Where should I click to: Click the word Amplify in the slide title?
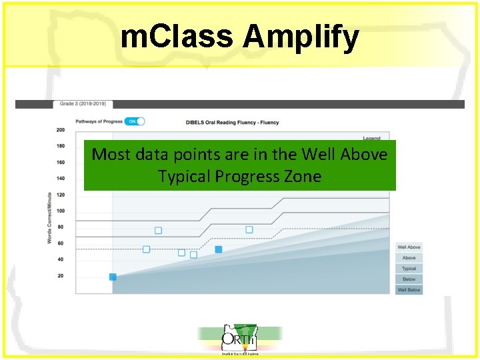pyautogui.click(x=301, y=37)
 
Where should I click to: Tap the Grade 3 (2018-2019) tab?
pyautogui.click(x=83, y=104)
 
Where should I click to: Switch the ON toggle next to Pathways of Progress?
pyautogui.click(x=135, y=121)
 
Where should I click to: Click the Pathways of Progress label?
pyautogui.click(x=99, y=121)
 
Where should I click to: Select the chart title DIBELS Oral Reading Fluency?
pyautogui.click(x=232, y=123)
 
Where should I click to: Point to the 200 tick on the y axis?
pyautogui.click(x=61, y=130)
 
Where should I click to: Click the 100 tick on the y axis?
pyautogui.click(x=61, y=211)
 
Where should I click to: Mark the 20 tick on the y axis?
pyautogui.click(x=61, y=275)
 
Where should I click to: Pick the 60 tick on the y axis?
pyautogui.click(x=61, y=243)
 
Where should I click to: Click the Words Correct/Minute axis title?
pyautogui.click(x=50, y=217)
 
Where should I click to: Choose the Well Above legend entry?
pyautogui.click(x=409, y=247)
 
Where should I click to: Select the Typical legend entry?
pyautogui.click(x=409, y=269)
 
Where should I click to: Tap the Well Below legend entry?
pyautogui.click(x=409, y=290)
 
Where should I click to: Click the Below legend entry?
pyautogui.click(x=409, y=279)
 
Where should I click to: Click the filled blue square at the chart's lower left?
pyautogui.click(x=113, y=277)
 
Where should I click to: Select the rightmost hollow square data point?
pyautogui.click(x=249, y=229)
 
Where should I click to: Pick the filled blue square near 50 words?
pyautogui.click(x=218, y=249)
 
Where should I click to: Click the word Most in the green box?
pyautogui.click(x=109, y=155)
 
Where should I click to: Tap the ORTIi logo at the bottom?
pyautogui.click(x=239, y=339)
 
